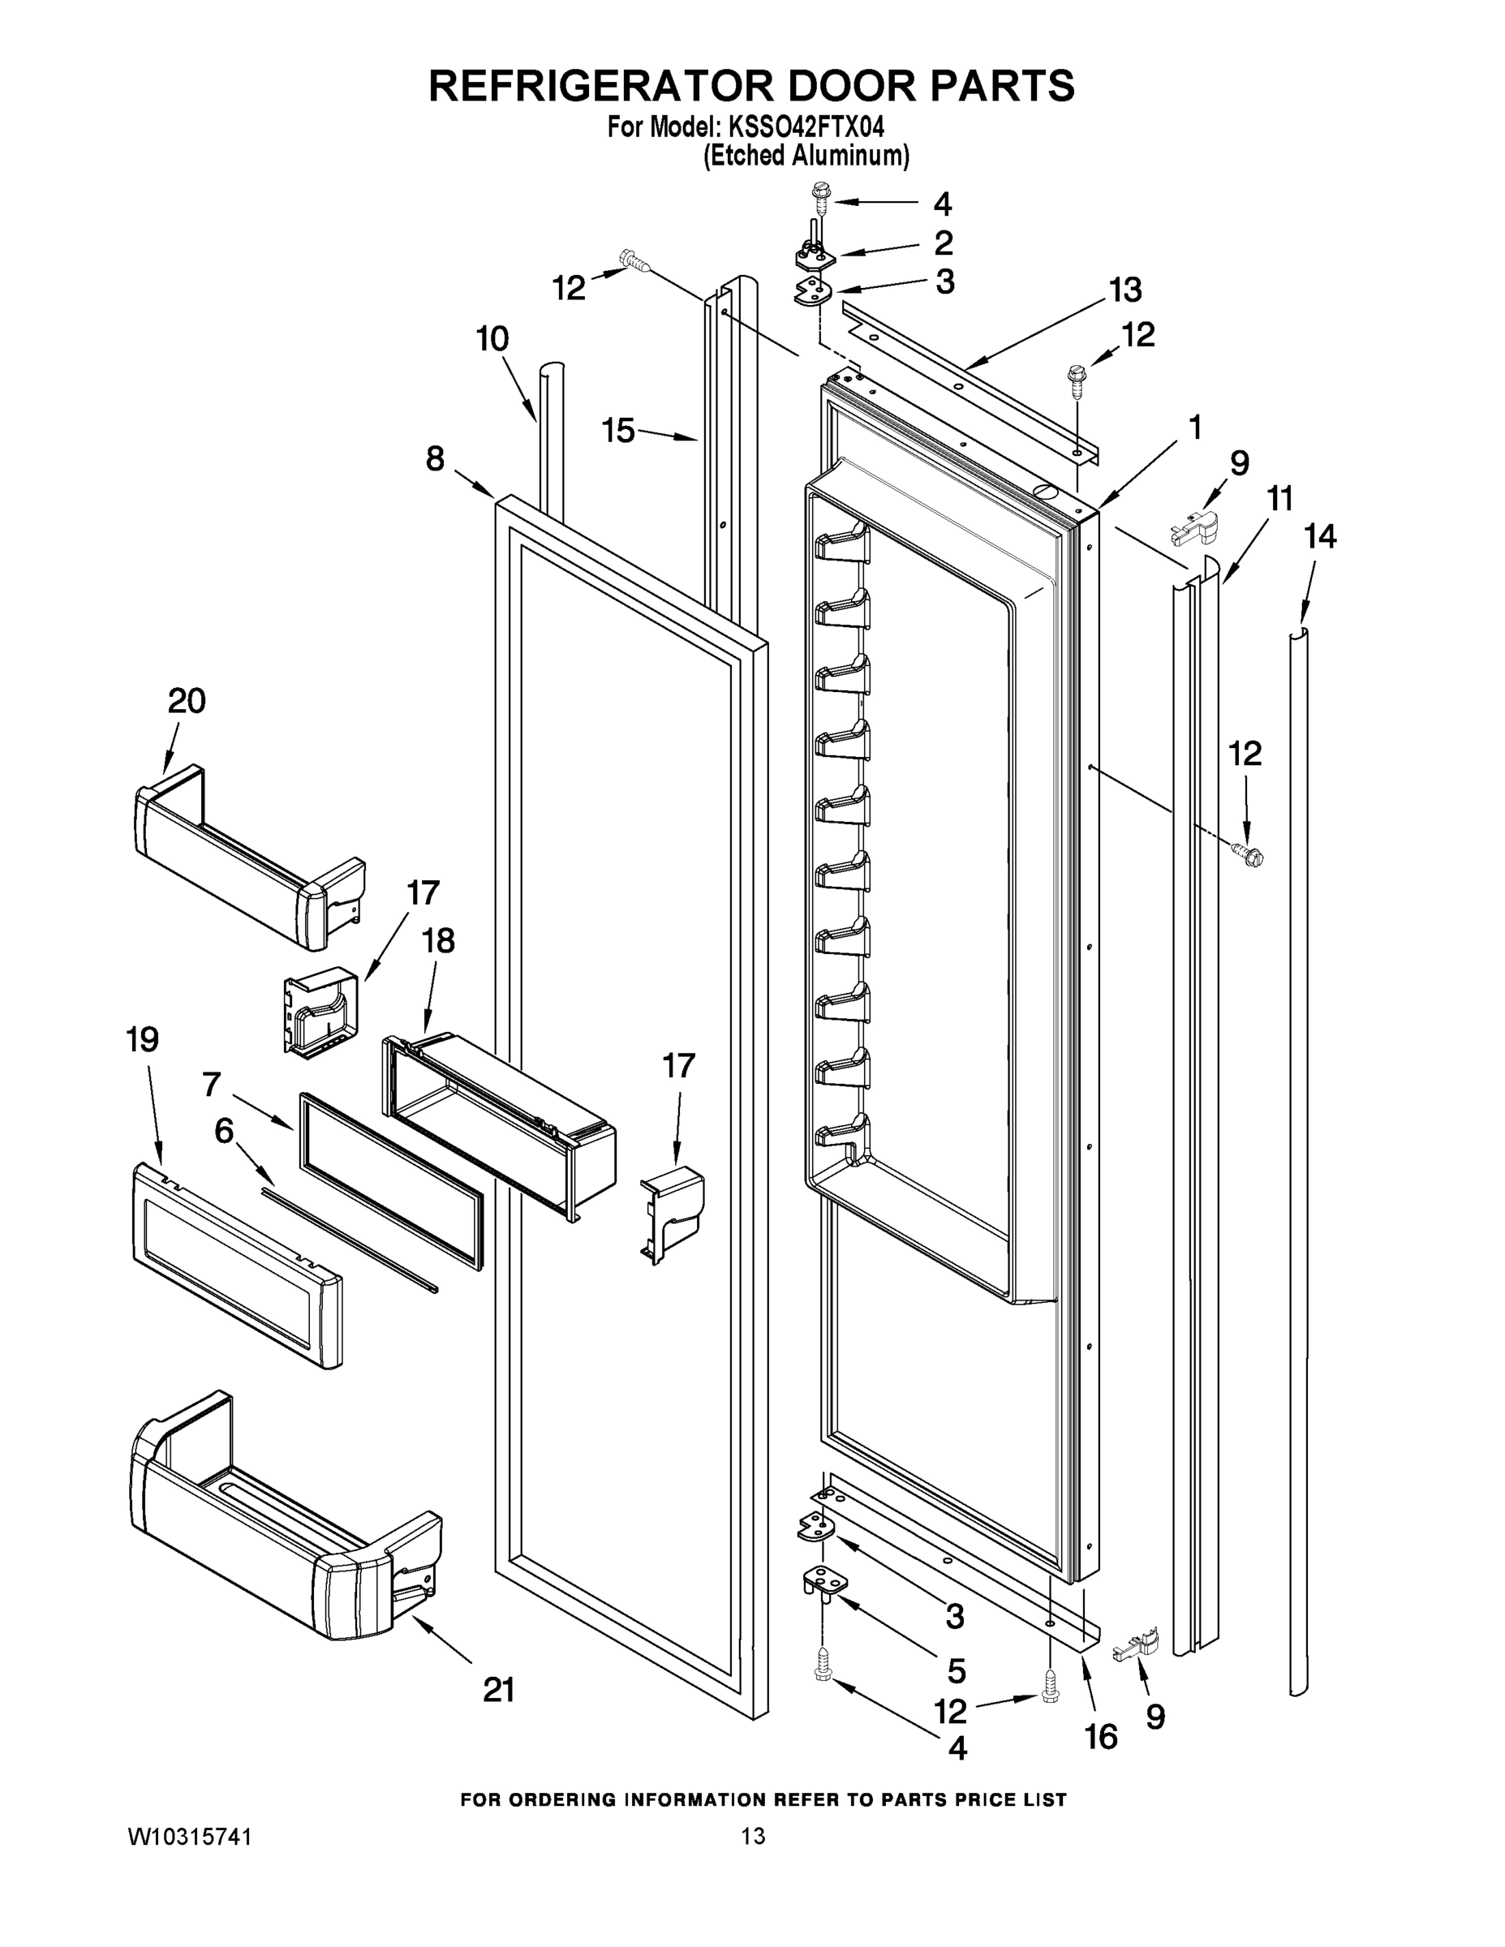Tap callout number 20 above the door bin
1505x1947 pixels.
click(187, 701)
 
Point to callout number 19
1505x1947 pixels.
click(143, 1039)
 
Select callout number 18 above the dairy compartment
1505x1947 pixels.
click(438, 940)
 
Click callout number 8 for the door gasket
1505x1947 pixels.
click(434, 459)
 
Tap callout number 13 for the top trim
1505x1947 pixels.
click(1125, 290)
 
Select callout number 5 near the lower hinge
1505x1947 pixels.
click(957, 1670)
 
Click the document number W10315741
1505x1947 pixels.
click(190, 1837)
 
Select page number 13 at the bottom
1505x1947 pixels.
click(754, 1837)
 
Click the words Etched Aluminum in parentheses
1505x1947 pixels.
click(806, 156)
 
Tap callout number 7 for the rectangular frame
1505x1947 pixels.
click(211, 1084)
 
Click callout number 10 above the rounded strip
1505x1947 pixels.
click(492, 339)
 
